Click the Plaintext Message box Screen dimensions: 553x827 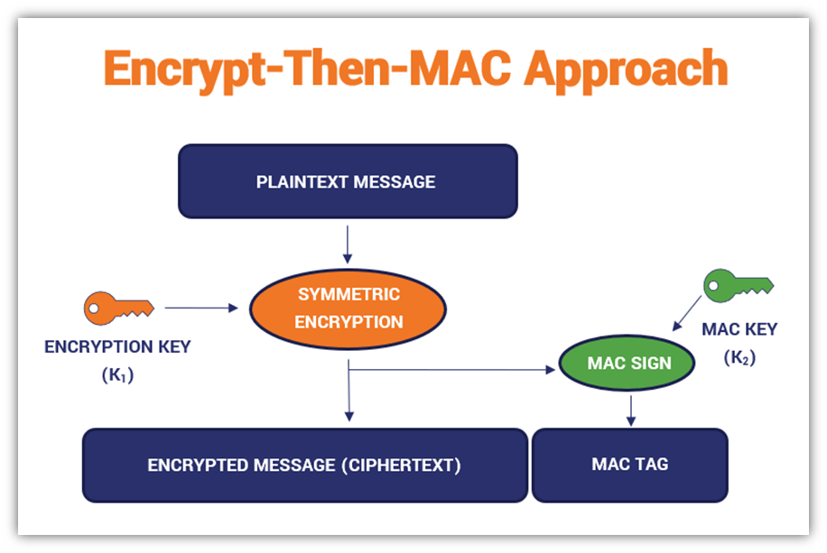348,181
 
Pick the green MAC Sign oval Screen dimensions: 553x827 630,364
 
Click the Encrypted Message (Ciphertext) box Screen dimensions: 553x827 305,465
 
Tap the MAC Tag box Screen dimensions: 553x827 629,465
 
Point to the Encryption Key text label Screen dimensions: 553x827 117,347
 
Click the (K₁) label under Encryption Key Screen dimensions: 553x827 117,376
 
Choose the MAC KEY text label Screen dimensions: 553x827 739,330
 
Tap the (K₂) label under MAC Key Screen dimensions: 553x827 739,358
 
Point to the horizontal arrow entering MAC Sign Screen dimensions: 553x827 451,369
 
